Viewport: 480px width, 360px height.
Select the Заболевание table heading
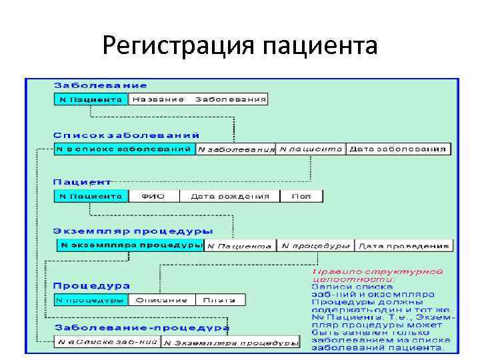(x=101, y=85)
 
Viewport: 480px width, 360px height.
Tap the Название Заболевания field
(x=198, y=99)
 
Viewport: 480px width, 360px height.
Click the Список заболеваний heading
(x=119, y=134)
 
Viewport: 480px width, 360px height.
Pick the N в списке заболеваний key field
(x=124, y=149)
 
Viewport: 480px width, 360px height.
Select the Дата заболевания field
(x=397, y=149)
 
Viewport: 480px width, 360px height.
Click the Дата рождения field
(x=230, y=197)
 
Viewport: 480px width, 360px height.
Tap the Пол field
(x=301, y=197)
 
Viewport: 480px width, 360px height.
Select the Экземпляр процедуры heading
(x=133, y=231)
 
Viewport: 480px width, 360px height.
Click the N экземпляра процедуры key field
(x=130, y=245)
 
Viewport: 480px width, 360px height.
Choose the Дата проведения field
(x=403, y=246)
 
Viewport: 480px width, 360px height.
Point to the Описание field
(x=161, y=300)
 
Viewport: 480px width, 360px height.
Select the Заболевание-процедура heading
(x=141, y=328)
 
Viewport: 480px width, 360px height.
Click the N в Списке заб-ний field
(x=107, y=343)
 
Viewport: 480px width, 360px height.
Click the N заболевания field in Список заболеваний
(x=236, y=149)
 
